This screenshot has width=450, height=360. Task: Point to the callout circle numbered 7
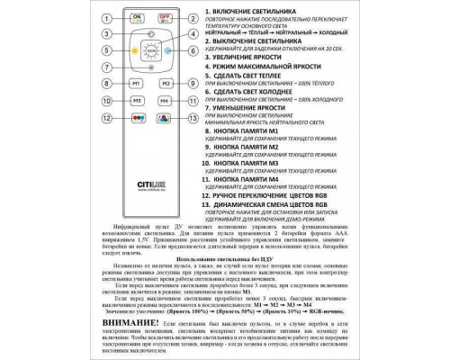(106, 67)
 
